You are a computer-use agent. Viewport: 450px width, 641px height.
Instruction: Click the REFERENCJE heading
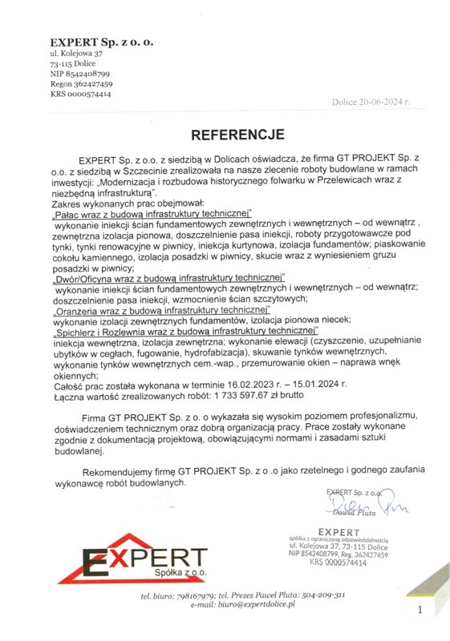(225, 134)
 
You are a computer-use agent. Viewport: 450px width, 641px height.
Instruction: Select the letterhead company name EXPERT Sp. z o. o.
(101, 41)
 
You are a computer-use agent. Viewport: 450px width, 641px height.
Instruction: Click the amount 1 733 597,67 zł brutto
(266, 394)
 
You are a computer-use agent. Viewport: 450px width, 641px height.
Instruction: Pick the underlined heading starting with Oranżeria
(161, 308)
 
